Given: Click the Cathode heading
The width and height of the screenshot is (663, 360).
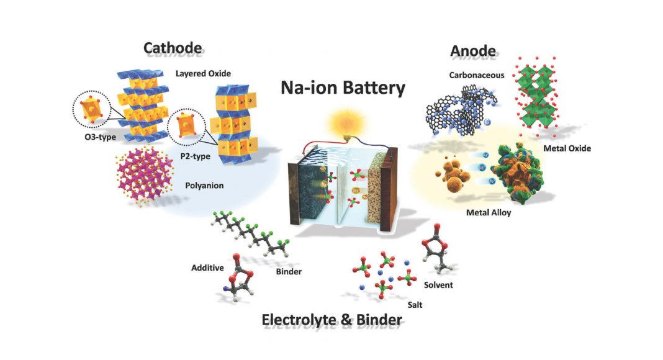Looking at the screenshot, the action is click(173, 48).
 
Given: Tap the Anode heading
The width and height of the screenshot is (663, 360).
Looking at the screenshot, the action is click(472, 51).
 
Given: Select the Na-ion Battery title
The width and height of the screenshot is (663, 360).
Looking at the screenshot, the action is click(343, 88).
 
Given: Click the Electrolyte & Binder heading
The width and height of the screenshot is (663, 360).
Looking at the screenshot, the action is click(332, 320).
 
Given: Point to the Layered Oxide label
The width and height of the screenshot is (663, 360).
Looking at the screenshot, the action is click(204, 73).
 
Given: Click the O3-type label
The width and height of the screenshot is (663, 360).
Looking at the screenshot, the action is click(100, 137).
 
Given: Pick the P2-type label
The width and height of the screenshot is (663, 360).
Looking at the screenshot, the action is click(196, 156).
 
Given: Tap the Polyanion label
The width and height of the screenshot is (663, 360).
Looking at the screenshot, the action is click(204, 186).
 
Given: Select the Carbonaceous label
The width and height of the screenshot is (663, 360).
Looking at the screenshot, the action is click(477, 75).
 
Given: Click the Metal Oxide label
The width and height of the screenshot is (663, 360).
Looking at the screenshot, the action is click(567, 148).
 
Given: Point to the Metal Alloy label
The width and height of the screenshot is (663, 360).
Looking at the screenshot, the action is click(489, 212).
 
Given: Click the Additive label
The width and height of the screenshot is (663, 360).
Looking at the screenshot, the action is click(207, 268).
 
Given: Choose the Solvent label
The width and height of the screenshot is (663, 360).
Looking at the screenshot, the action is click(438, 285).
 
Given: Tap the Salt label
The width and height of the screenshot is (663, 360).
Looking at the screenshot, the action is click(415, 305).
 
